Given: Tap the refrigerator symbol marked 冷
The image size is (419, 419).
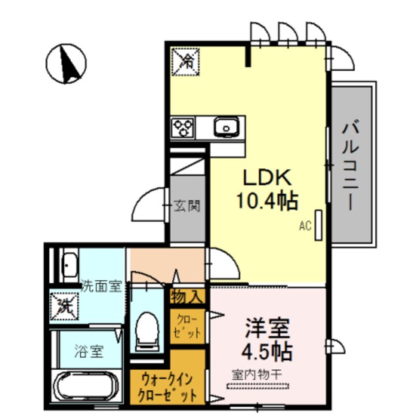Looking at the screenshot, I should (187, 62).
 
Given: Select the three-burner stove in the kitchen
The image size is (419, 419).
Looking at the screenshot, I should (183, 126).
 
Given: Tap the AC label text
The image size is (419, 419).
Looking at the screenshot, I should (304, 227).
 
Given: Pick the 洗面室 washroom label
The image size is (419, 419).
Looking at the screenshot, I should (101, 285).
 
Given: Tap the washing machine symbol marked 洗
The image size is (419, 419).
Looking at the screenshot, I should (64, 304).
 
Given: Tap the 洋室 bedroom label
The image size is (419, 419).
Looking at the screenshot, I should (268, 327).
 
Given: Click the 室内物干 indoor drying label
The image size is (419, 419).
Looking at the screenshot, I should (257, 374).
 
